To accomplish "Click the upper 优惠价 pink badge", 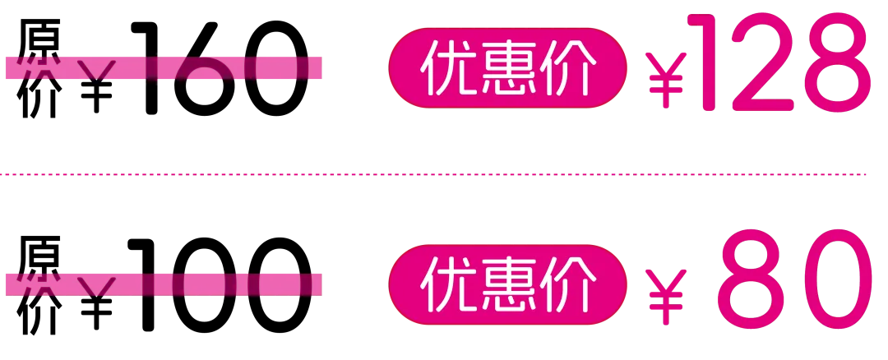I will point(507,69).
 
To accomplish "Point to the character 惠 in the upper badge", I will point(507,69).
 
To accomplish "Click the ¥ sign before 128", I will point(666,81).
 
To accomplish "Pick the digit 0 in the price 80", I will point(832,279).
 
